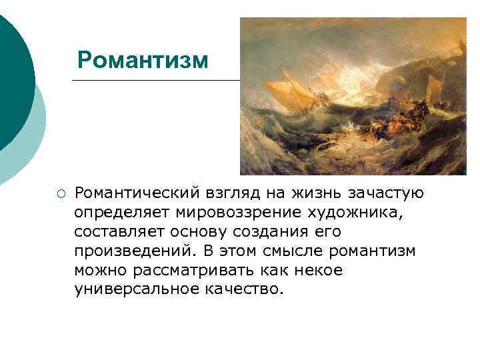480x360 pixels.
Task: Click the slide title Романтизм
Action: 143,59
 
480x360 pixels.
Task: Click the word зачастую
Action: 387,193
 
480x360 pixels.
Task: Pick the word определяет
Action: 123,213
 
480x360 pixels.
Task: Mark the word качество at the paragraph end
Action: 246,290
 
